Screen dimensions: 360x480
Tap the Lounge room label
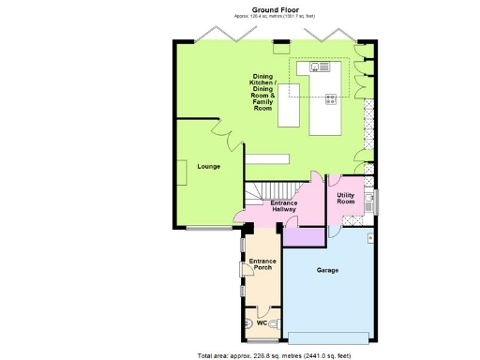(208, 166)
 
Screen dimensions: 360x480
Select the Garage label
(327, 270)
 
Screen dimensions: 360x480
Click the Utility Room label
(346, 198)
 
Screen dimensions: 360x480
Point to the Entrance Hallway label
(284, 206)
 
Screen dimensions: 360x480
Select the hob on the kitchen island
(331, 98)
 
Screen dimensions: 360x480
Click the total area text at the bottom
(274, 355)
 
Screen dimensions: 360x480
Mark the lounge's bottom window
(206, 228)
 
